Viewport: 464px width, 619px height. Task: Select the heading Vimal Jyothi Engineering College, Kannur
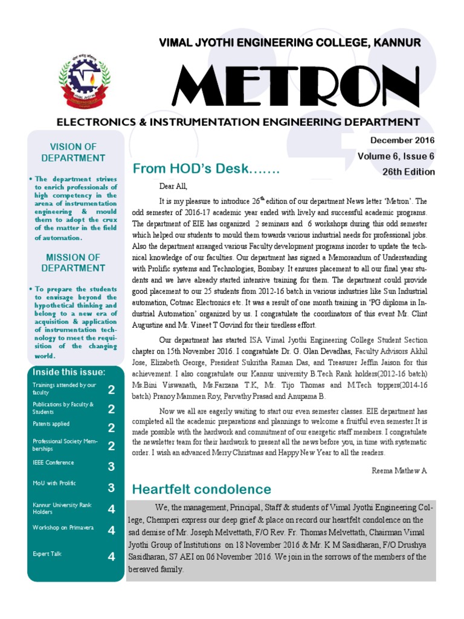(x=289, y=42)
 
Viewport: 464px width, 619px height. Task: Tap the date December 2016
(x=402, y=140)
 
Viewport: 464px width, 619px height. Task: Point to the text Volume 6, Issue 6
(x=396, y=156)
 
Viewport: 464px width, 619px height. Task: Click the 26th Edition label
(x=408, y=172)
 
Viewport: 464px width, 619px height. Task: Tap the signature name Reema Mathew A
(x=399, y=470)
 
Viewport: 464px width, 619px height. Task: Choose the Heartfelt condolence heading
(x=202, y=489)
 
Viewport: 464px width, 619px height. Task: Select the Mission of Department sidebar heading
(x=73, y=262)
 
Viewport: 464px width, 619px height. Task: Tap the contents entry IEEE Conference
(x=53, y=462)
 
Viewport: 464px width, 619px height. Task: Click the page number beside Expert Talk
(x=111, y=557)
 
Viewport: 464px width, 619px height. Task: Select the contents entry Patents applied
(x=51, y=424)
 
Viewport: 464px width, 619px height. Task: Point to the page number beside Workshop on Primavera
(x=111, y=530)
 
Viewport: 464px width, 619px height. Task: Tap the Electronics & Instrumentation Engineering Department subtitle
(x=238, y=122)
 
